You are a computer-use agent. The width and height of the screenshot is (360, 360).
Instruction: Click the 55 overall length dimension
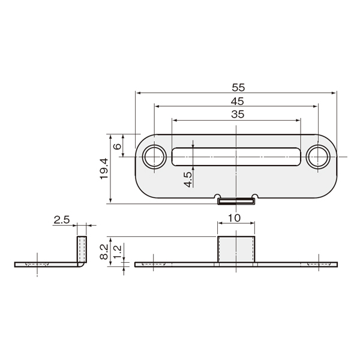click(238, 88)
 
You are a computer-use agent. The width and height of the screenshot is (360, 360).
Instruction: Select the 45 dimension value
click(238, 101)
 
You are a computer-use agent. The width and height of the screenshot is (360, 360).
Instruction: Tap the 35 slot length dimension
click(238, 115)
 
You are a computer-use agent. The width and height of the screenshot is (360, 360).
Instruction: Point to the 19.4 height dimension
click(104, 169)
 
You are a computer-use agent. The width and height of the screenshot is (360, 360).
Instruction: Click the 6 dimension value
click(117, 146)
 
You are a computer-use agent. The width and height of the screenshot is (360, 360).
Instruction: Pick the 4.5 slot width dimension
click(188, 179)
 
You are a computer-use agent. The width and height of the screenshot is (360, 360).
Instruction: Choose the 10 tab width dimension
click(234, 218)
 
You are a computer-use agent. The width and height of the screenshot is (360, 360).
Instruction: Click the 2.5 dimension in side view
click(62, 220)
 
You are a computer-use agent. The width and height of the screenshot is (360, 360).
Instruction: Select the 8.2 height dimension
click(104, 251)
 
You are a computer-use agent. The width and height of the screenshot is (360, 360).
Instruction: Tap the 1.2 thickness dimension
click(118, 252)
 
